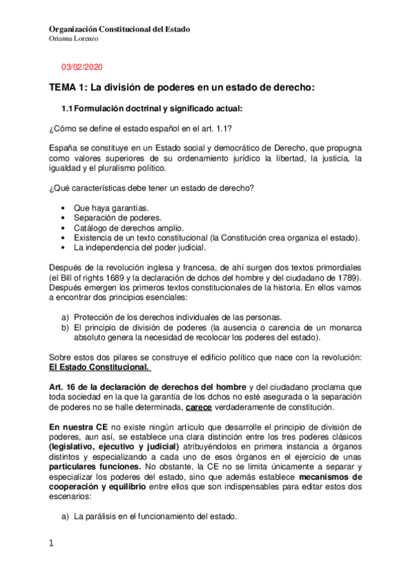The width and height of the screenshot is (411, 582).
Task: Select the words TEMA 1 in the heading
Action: [x=67, y=88]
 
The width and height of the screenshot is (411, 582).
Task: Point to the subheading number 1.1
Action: [x=67, y=108]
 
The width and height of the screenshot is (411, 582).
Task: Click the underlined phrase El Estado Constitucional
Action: [x=99, y=366]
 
